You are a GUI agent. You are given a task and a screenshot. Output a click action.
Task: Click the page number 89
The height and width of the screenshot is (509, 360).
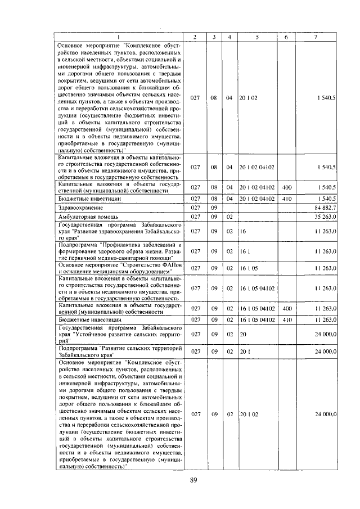click(192, 480)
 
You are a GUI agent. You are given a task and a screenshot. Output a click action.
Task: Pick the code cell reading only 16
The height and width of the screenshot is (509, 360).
click(243, 231)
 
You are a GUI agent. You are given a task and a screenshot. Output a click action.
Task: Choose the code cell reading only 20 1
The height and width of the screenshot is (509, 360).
click(245, 351)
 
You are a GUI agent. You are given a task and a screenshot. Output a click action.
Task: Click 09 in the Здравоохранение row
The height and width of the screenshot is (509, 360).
click(214, 208)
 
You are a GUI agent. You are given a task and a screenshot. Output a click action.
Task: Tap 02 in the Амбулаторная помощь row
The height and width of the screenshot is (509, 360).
click(229, 216)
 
